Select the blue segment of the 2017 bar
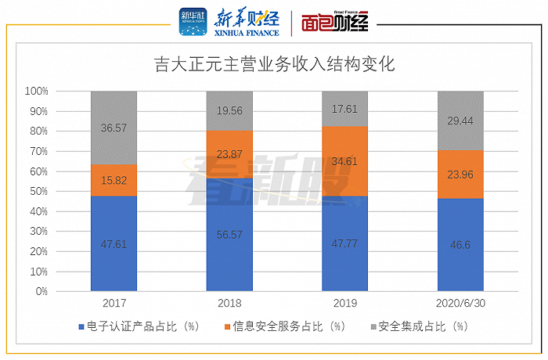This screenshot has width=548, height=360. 114,243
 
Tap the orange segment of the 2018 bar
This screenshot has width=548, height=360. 229,154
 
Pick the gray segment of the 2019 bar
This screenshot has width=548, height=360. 345,109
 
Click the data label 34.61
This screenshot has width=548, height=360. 345,161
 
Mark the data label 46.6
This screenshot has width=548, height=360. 460,244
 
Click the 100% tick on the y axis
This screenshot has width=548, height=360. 36,91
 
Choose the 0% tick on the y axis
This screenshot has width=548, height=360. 41,291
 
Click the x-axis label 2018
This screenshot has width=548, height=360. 229,303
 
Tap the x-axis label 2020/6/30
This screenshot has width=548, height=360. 460,303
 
